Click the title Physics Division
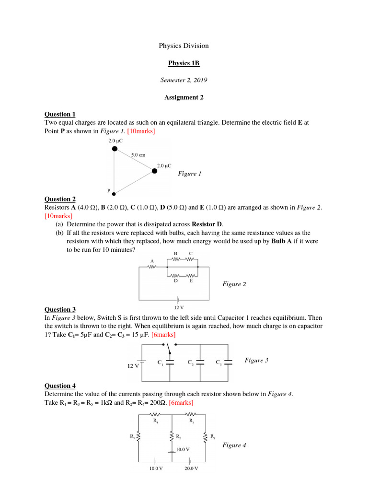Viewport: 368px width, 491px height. click(184, 46)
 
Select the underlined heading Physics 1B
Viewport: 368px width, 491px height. click(184, 63)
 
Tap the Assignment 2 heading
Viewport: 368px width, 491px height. click(184, 97)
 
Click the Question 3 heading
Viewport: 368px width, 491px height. click(60, 310)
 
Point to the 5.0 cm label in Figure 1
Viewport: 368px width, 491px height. click(138, 155)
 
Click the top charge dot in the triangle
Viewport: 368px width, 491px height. click(115, 149)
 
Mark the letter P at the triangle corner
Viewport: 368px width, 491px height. click(109, 191)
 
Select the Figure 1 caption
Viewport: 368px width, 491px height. click(190, 174)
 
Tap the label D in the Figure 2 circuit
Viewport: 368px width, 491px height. click(175, 281)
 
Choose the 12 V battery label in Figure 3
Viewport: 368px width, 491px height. click(133, 366)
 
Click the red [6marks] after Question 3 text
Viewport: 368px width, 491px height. click(163, 334)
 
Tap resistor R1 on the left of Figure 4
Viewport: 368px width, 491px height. click(139, 436)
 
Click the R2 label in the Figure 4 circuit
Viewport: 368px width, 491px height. click(179, 437)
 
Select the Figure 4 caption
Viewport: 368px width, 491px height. click(234, 445)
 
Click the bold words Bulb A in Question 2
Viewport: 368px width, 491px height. click(284, 242)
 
